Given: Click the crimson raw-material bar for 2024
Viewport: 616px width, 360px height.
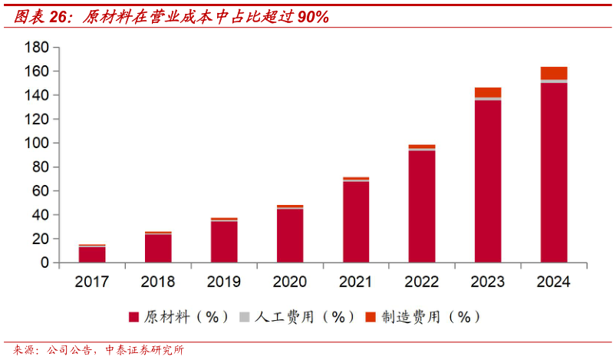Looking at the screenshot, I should click(554, 173).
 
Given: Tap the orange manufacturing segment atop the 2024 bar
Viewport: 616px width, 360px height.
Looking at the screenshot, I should click(554, 73).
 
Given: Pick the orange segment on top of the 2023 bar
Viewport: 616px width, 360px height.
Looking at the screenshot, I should click(488, 92).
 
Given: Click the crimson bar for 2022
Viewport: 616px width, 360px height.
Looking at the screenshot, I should click(422, 206).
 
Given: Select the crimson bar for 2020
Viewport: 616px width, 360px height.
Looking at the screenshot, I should click(290, 236).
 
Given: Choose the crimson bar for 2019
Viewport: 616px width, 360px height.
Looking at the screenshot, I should click(224, 242).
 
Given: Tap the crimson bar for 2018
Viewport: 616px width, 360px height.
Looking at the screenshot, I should click(158, 249).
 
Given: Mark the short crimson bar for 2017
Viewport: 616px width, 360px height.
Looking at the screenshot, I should click(92, 255).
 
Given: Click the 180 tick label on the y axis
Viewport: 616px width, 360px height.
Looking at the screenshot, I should click(37, 48).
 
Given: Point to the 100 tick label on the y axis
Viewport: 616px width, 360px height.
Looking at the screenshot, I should click(37, 144).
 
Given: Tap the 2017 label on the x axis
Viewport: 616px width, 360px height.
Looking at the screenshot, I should click(92, 282).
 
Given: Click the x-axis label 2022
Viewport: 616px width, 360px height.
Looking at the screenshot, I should click(422, 282).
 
